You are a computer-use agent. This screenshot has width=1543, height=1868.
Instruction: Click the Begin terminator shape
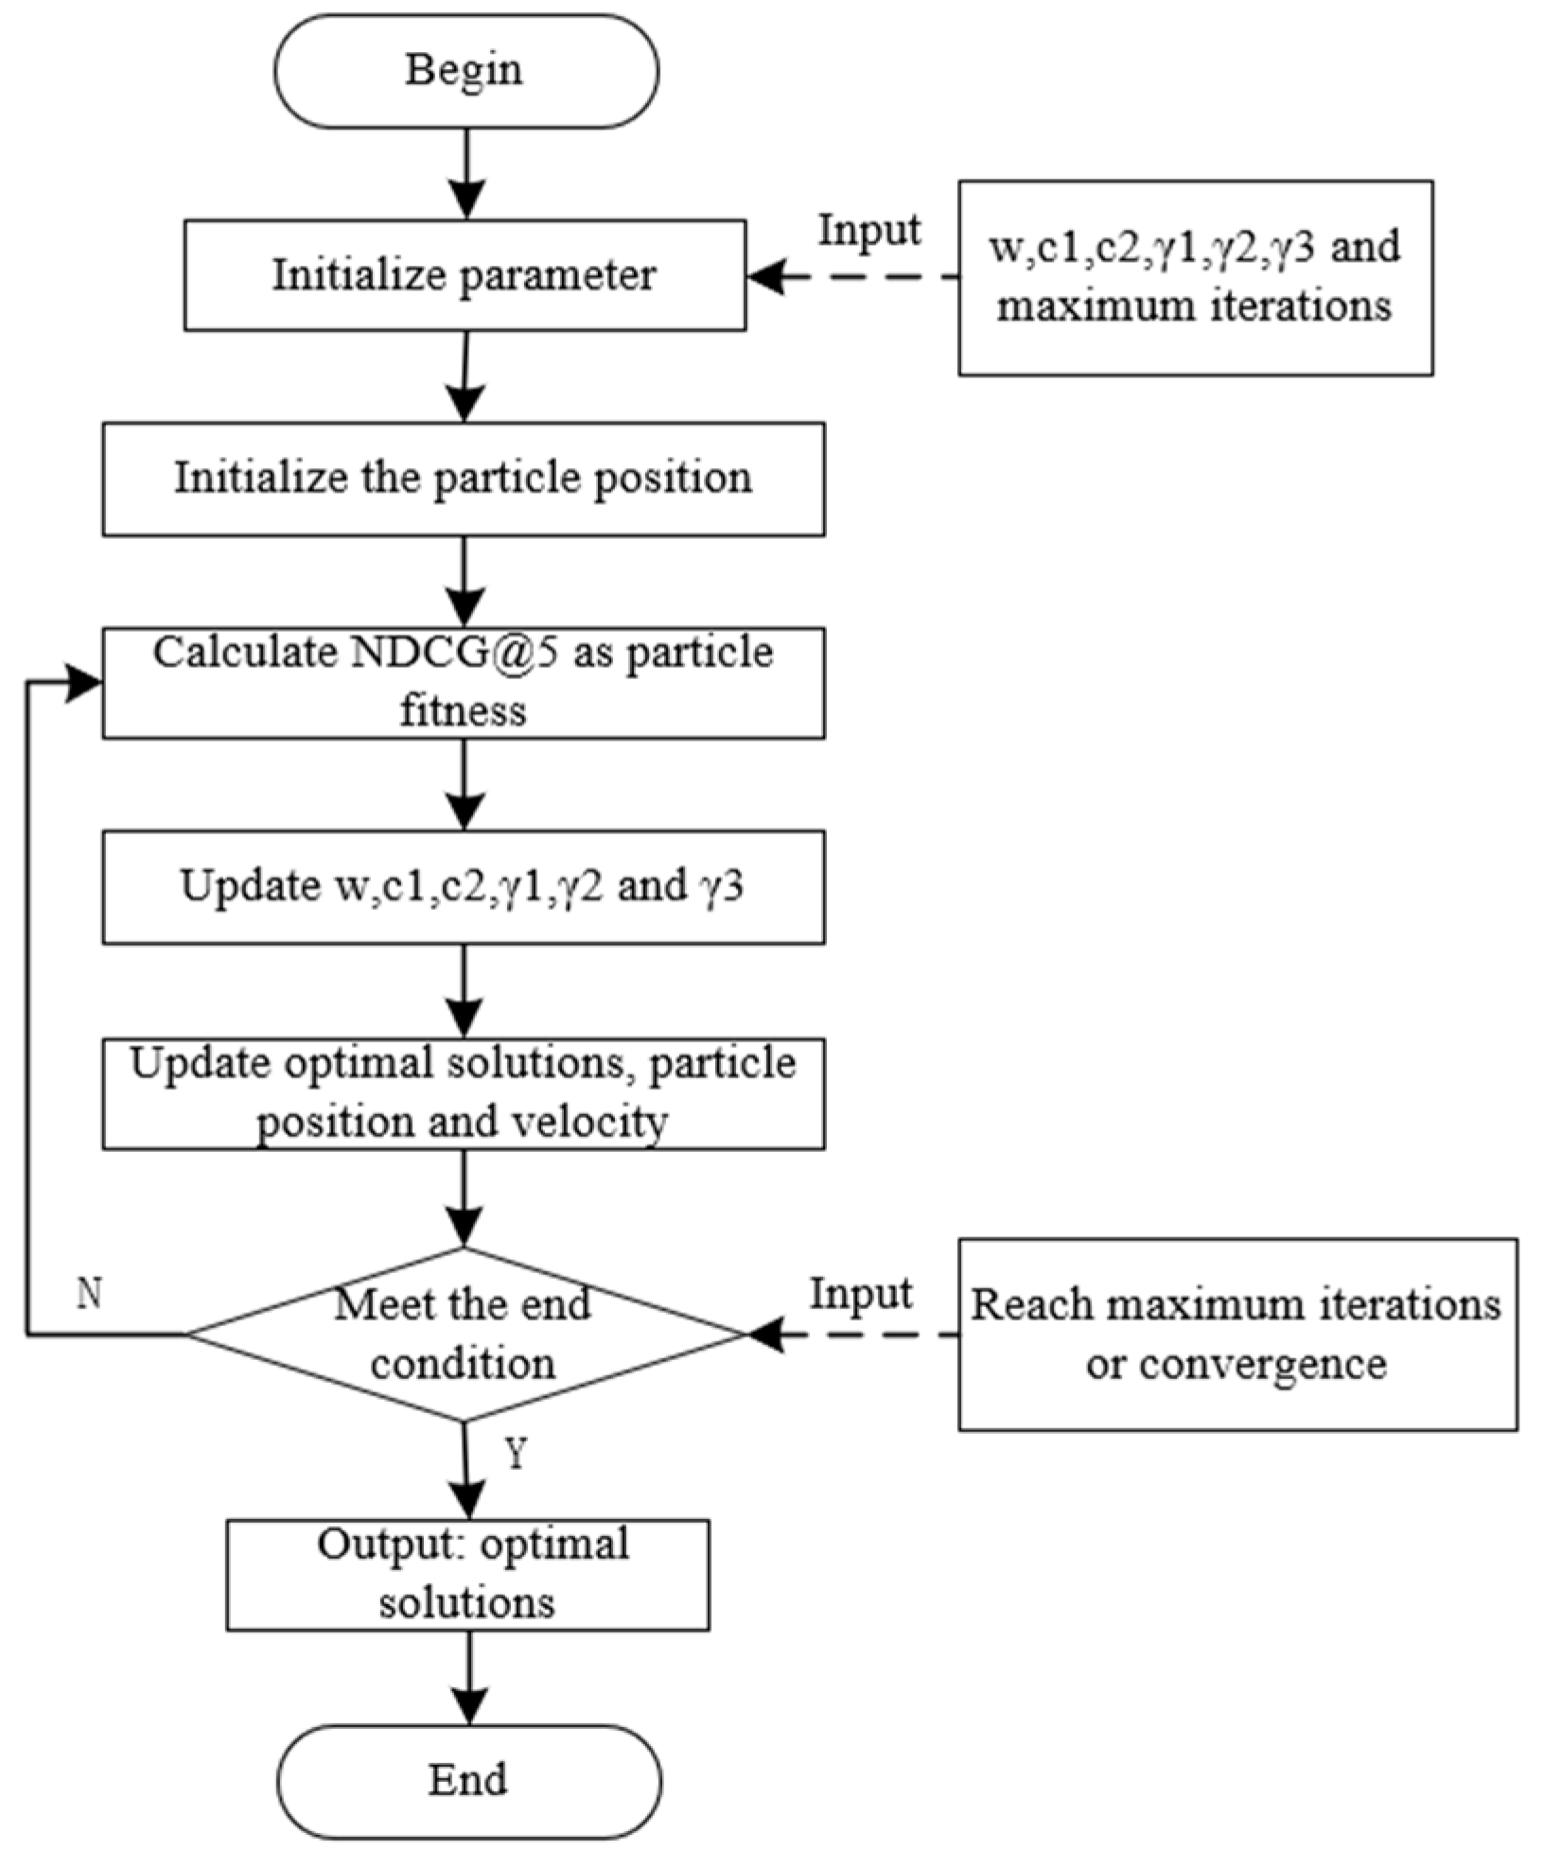click(x=465, y=71)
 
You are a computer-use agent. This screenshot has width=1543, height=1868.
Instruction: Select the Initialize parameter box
click(x=465, y=275)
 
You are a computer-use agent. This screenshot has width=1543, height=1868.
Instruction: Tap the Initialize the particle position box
click(x=463, y=479)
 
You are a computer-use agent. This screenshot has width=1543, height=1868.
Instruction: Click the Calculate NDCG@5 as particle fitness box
click(x=463, y=682)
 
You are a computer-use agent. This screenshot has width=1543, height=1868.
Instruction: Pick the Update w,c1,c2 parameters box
click(x=463, y=886)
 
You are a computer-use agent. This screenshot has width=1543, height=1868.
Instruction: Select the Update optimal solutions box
click(x=463, y=1093)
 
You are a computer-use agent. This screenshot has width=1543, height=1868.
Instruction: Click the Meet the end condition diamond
click(x=464, y=1335)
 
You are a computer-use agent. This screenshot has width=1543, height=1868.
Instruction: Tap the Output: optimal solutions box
click(x=467, y=1574)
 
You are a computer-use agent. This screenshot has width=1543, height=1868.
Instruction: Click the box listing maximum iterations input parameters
click(x=1195, y=278)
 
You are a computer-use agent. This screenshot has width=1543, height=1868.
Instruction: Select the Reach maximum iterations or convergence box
click(x=1237, y=1335)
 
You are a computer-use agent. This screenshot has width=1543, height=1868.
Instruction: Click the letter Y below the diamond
click(x=516, y=1455)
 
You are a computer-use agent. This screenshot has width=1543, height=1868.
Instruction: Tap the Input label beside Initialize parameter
click(x=868, y=230)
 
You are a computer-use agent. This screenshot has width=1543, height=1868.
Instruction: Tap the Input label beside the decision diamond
click(x=861, y=1294)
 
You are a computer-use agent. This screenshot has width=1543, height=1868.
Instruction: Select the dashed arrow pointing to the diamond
click(x=851, y=1335)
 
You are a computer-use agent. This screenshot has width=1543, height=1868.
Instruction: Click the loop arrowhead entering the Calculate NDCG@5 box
click(x=83, y=683)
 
